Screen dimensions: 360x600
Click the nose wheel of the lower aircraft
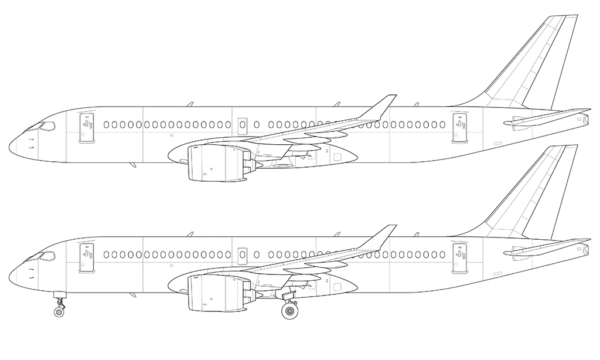click(59, 313)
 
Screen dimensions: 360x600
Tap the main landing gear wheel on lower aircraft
click(289, 311)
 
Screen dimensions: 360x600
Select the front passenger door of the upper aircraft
click(87, 127)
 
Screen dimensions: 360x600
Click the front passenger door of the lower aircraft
click(87, 257)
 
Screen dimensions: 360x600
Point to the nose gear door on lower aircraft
click(59, 294)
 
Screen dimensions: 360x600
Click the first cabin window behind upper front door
click(106, 125)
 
